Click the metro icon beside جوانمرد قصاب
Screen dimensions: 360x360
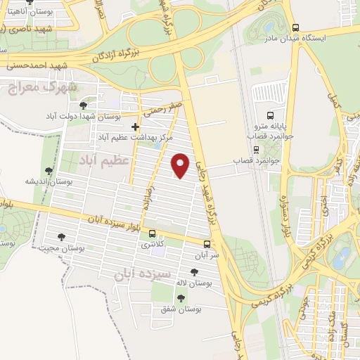point(256,149)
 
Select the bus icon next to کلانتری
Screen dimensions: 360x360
point(161,238)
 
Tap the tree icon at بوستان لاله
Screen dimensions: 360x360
point(194,271)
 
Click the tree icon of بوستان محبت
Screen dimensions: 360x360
point(62,237)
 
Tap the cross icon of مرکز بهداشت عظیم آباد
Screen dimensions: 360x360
point(136,127)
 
